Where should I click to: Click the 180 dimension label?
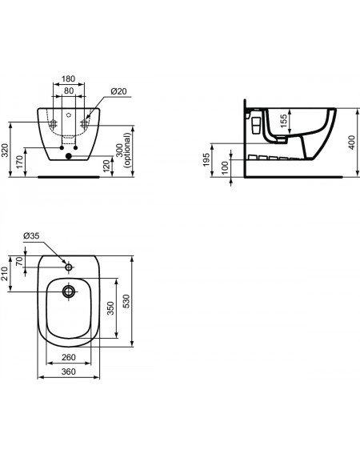68,78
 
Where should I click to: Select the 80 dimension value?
69,91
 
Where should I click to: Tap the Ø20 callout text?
118,91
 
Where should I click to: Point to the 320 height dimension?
5,151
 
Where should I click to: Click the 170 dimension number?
19,162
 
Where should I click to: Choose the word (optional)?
127,150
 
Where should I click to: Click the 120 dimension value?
106,166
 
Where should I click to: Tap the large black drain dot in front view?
69,156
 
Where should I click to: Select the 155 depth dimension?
284,120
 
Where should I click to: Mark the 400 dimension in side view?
351,143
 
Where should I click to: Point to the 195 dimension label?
206,159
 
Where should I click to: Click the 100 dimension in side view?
225,168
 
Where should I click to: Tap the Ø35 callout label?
31,236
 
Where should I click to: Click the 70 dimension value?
19,262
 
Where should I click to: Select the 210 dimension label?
5,274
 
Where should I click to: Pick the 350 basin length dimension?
110,308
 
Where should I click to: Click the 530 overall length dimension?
126,301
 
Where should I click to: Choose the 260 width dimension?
69,358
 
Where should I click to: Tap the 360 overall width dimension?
69,372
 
